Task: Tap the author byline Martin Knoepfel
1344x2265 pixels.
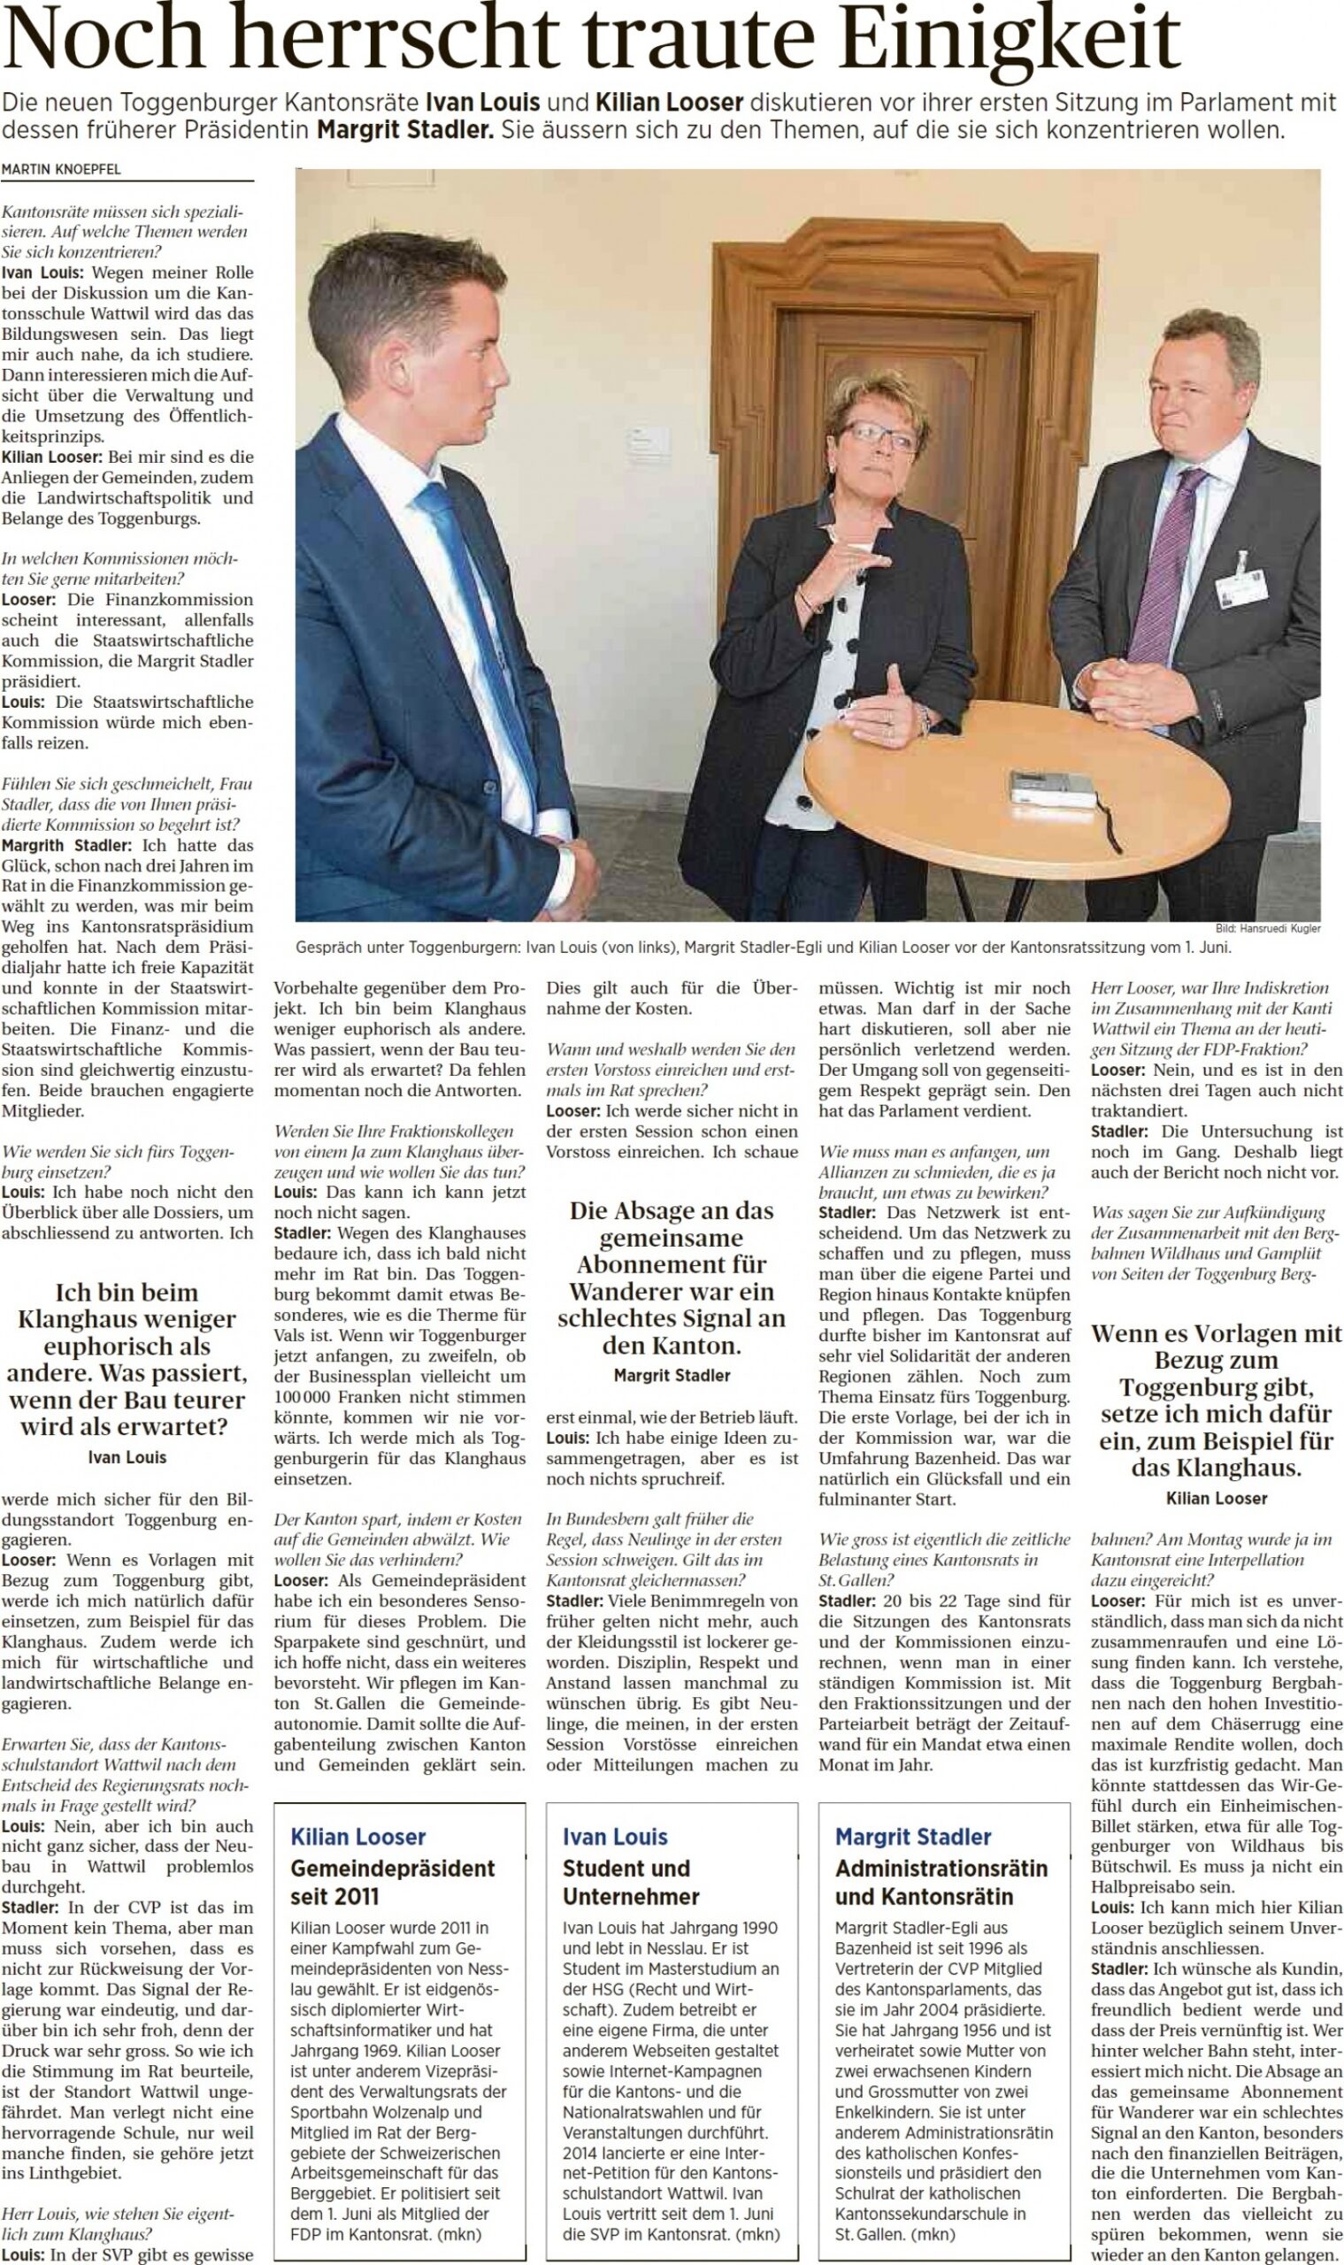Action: [x=61, y=169]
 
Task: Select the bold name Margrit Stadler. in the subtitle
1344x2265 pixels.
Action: [x=406, y=129]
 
